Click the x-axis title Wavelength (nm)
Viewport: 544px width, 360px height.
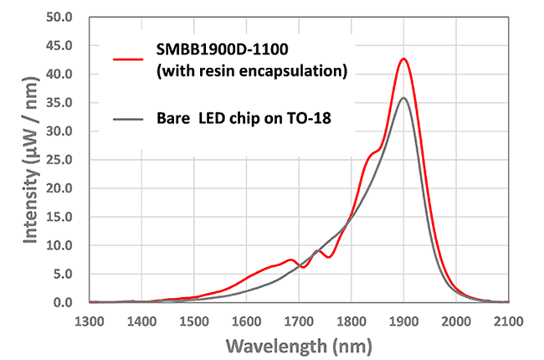[298, 346]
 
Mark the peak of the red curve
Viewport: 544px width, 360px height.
[404, 59]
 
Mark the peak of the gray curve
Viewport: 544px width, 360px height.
[403, 98]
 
